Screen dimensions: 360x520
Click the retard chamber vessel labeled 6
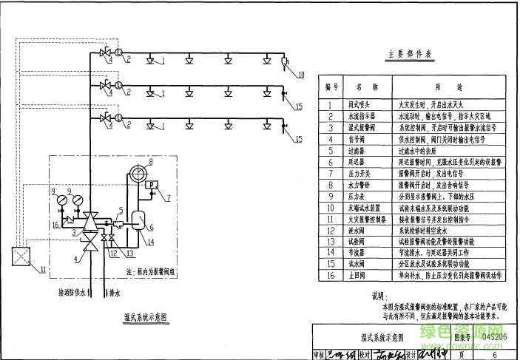point(138,220)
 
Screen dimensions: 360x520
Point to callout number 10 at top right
point(300,73)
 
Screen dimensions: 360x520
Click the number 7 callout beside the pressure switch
point(167,197)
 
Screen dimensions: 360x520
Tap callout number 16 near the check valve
point(55,224)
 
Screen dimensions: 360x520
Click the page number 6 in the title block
point(494,353)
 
